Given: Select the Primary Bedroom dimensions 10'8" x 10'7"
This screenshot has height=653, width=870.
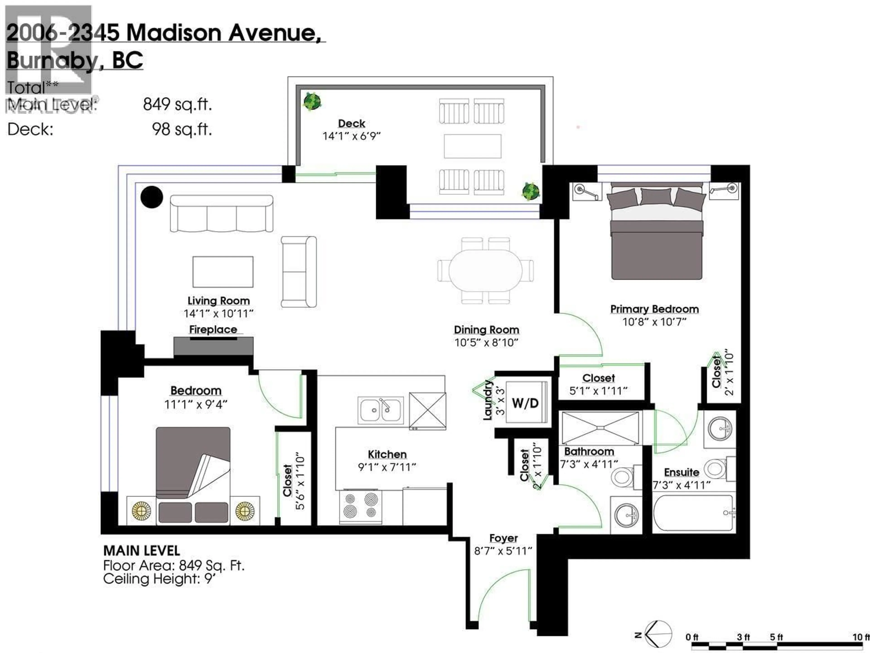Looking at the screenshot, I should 654,322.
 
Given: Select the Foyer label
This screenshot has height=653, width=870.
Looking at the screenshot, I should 503,538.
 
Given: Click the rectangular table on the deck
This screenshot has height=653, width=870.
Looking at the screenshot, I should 472,146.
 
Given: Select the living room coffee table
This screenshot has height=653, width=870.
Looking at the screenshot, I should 223,272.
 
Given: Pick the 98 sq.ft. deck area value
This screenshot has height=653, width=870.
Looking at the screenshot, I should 182,129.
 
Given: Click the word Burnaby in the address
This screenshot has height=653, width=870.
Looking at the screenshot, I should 52,60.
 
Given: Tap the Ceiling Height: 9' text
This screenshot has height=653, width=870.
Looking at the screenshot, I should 159,579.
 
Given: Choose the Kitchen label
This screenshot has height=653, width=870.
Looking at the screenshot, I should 387,454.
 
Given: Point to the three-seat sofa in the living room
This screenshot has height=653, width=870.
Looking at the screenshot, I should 221,214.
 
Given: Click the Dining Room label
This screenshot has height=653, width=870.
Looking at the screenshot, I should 486,330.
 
